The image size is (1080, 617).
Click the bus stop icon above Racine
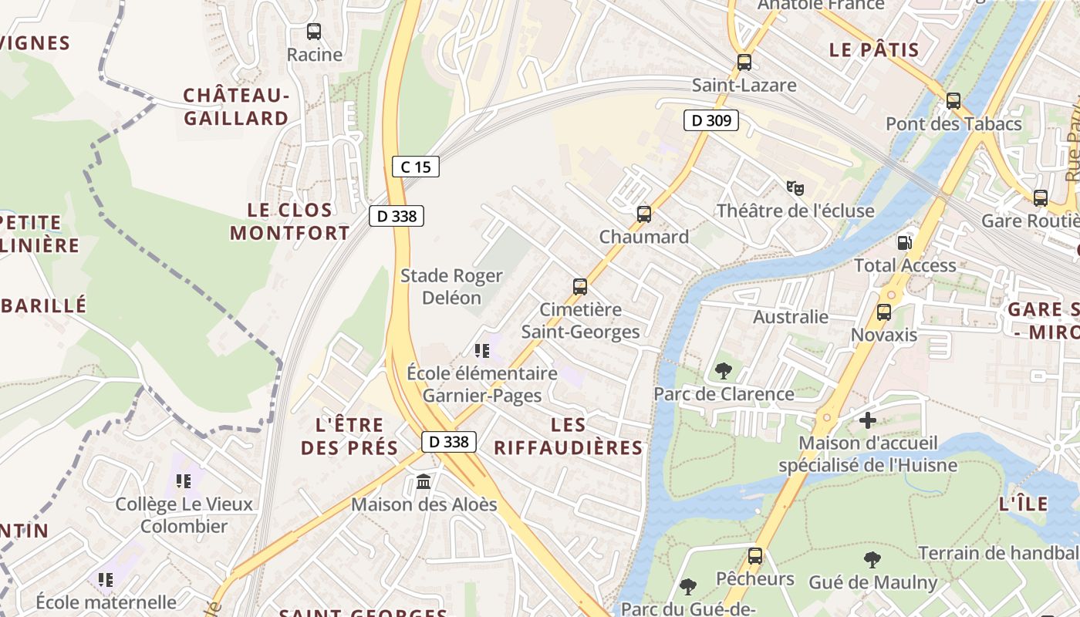point(314,32)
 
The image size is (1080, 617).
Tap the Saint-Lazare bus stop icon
point(744,62)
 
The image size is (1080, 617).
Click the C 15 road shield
point(416,167)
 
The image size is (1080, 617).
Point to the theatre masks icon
point(795,187)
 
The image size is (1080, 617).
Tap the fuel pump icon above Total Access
point(904,242)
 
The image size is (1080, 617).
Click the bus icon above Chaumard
point(644,214)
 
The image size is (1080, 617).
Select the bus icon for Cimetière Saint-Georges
point(580,287)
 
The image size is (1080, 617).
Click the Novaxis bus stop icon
point(884,312)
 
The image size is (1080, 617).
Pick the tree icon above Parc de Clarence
point(724,371)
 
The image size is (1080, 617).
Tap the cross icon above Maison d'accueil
point(868,420)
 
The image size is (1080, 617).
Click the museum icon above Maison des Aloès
point(424,482)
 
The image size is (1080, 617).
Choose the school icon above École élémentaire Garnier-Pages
point(482,352)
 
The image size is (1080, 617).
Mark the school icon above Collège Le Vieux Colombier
point(184,481)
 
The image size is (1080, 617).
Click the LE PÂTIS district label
point(874,51)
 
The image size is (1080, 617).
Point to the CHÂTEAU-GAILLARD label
point(236,106)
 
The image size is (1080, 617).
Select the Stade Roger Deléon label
point(451,286)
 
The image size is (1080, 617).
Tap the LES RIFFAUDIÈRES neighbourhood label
point(569,436)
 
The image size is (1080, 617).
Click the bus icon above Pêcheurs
point(755,555)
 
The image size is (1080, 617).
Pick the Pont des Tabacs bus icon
point(953,101)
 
